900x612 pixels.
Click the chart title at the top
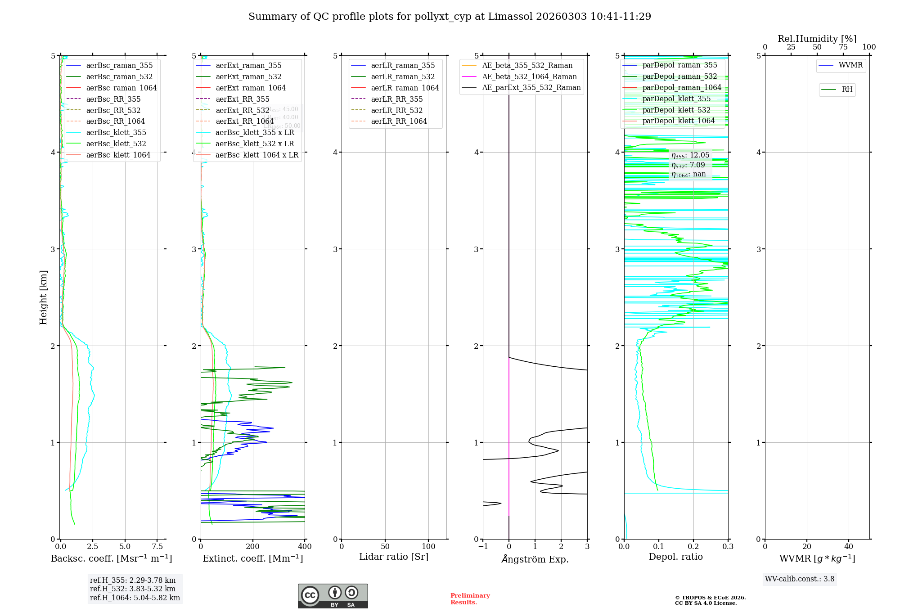[450, 17]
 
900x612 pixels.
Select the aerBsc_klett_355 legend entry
[116, 132]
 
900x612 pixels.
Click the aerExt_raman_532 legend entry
[248, 76]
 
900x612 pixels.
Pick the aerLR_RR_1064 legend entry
[399, 121]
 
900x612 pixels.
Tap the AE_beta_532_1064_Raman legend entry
[529, 76]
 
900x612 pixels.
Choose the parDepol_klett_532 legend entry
[676, 110]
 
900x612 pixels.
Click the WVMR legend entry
[850, 65]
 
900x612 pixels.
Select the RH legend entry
[847, 90]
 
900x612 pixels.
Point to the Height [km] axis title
[43, 297]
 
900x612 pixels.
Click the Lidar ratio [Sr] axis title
[394, 557]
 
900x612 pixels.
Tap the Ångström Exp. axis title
[535, 559]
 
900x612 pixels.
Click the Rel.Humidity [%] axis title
[817, 39]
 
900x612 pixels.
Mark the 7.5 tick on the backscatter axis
[157, 547]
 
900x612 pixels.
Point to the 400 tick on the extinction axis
[305, 547]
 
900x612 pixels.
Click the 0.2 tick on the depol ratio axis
[693, 547]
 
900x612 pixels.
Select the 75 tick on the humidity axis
[843, 47]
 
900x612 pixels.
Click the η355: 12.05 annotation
[690, 155]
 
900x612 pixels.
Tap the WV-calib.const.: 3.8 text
[800, 579]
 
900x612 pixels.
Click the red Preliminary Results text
[470, 599]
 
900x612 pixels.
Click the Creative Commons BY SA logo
[333, 596]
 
